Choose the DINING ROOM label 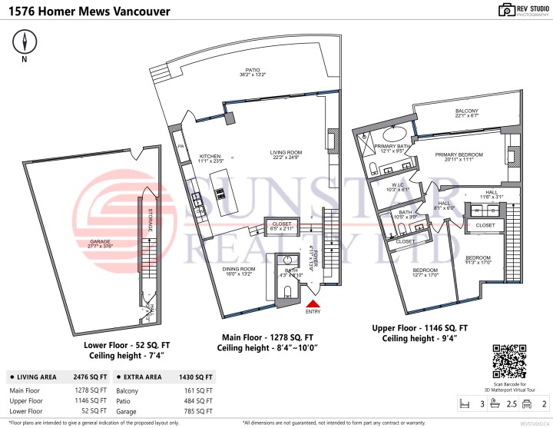click(x=240, y=270)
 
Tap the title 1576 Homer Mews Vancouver click(x=90, y=12)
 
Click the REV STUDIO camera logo click(x=506, y=10)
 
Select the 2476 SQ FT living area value click(x=89, y=377)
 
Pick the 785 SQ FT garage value click(x=200, y=412)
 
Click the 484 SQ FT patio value click(x=200, y=401)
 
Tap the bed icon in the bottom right click(x=463, y=402)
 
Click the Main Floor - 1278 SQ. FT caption click(x=267, y=337)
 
